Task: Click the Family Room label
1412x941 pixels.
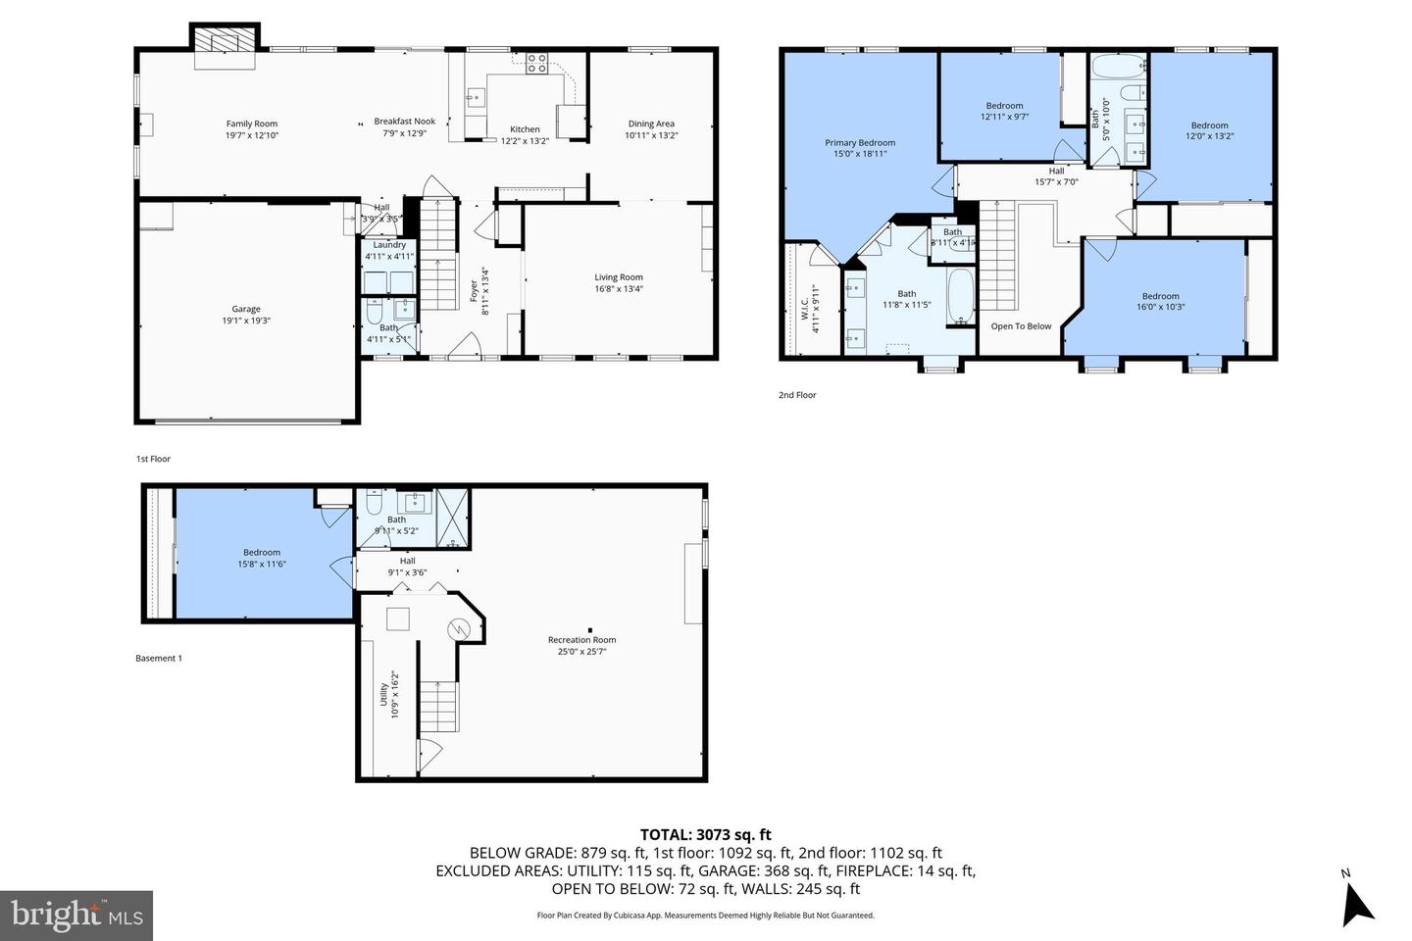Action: point(252,124)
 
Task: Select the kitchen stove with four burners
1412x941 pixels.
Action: point(536,65)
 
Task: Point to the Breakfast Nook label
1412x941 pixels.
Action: point(404,122)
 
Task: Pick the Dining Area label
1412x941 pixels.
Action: point(652,124)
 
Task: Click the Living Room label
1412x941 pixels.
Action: point(619,277)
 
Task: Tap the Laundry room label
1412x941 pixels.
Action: point(389,245)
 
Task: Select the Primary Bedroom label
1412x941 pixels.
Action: point(860,142)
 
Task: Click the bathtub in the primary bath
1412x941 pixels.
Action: point(960,297)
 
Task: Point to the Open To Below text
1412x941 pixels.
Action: point(1021,326)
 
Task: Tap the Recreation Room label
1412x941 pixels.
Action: point(582,640)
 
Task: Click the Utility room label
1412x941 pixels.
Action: point(382,694)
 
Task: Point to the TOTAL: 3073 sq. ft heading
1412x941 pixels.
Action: point(705,835)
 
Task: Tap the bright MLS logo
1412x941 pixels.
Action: point(76,916)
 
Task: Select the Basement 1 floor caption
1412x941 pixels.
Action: point(159,659)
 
